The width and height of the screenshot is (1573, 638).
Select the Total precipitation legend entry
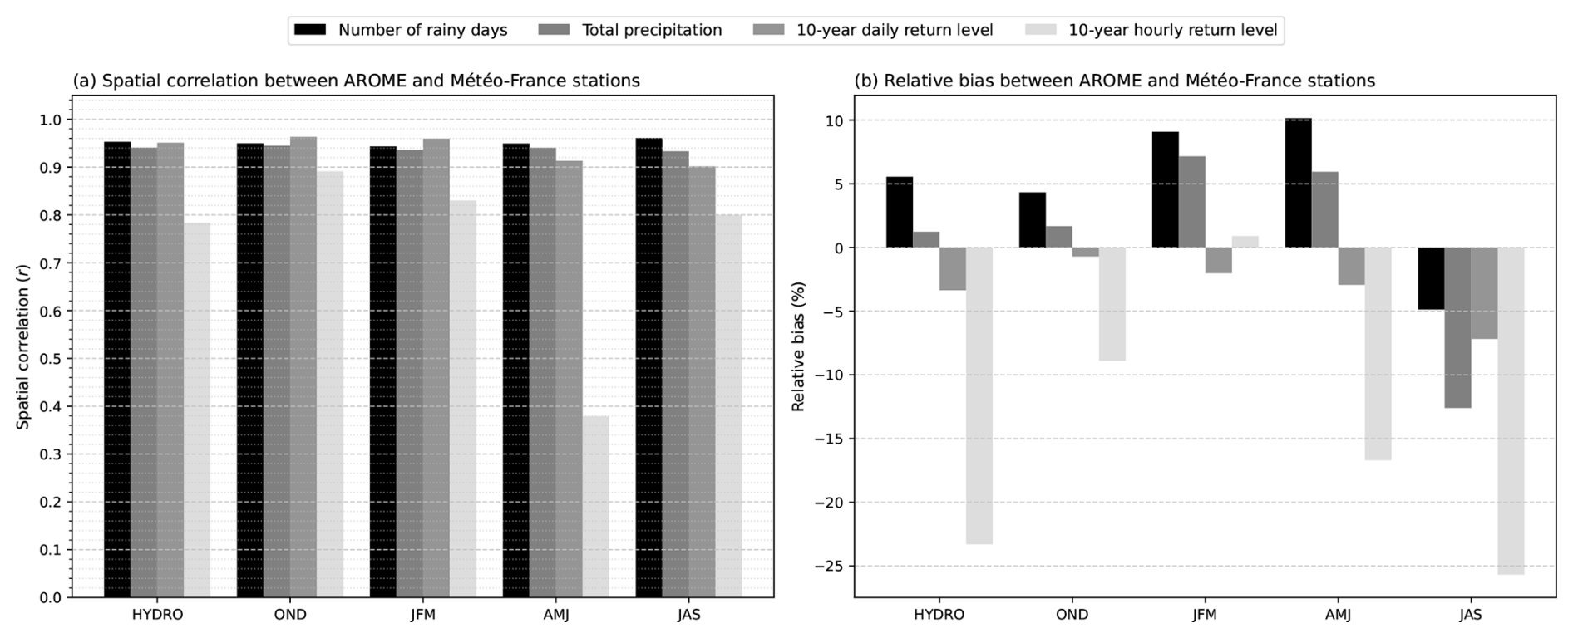tap(630, 31)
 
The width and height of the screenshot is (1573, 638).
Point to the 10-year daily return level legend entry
tap(873, 31)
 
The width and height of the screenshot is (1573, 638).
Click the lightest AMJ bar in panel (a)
tap(595, 506)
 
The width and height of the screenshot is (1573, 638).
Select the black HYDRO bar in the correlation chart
tap(117, 370)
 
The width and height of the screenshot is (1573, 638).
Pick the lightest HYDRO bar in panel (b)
tap(979, 395)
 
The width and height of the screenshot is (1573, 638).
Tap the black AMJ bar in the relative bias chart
tap(1299, 183)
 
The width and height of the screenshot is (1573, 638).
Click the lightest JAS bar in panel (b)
tap(1511, 410)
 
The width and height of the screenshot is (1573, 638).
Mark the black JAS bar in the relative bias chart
tap(1432, 278)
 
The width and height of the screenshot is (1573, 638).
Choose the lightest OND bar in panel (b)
tap(1112, 304)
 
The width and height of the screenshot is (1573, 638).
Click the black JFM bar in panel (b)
tap(1166, 189)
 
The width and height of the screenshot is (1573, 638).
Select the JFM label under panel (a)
tap(423, 616)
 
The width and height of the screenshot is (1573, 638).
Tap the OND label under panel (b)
tap(1072, 616)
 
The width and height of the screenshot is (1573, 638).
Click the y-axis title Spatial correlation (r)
tap(22, 358)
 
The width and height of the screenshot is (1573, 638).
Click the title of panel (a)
tap(357, 81)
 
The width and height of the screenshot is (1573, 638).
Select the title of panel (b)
tap(1115, 81)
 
